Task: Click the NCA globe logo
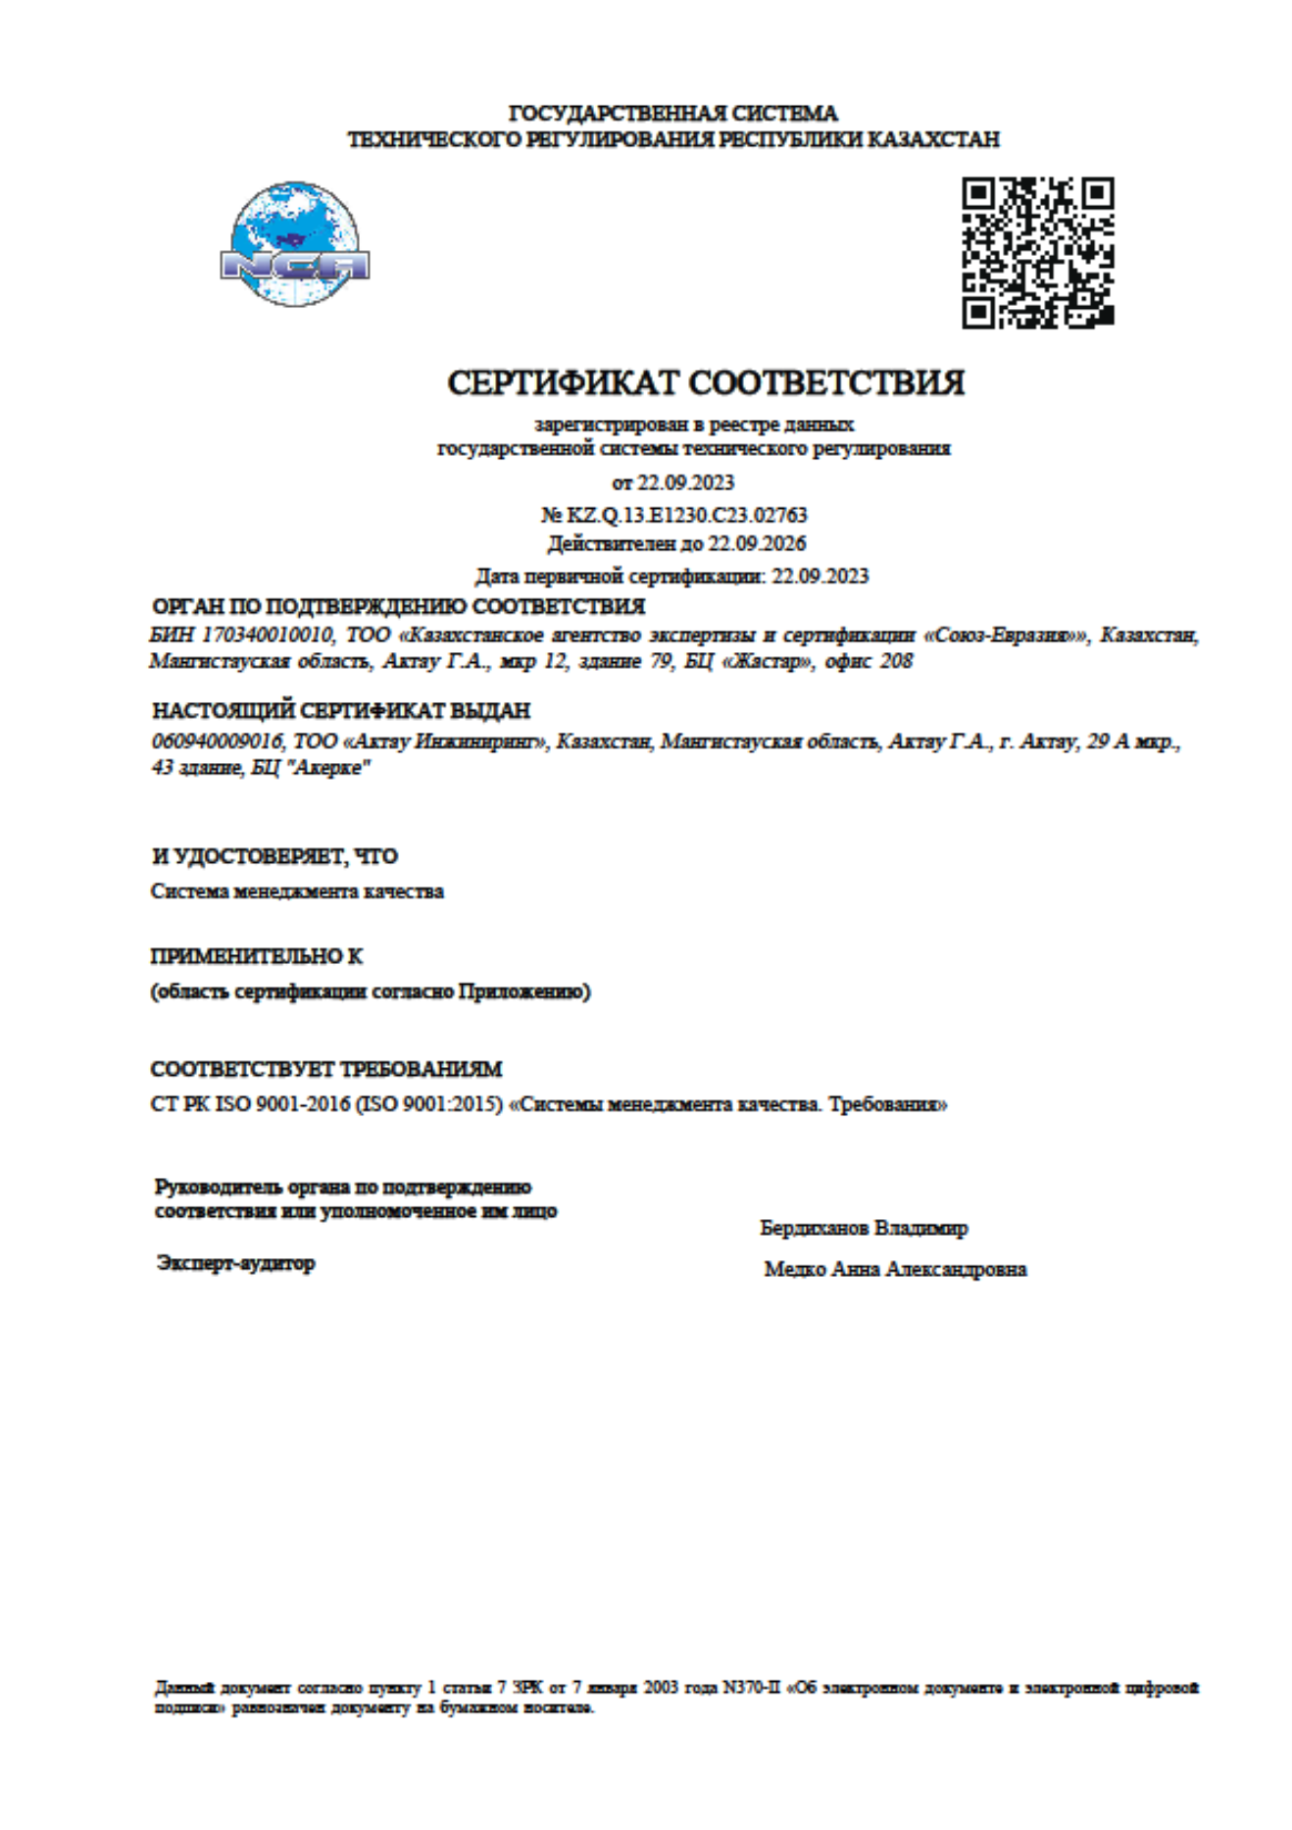click(x=294, y=244)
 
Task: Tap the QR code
click(x=1037, y=252)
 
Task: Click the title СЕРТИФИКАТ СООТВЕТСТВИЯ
click(x=706, y=382)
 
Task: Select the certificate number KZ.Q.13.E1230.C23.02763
click(x=686, y=515)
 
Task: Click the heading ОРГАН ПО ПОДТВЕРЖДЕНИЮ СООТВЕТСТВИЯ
click(x=398, y=606)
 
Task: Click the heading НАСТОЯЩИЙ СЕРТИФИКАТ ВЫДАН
click(x=341, y=710)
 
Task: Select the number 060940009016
click(x=217, y=741)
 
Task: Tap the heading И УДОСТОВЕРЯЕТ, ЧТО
click(x=274, y=856)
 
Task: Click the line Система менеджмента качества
click(x=297, y=891)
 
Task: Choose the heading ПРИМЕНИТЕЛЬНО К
click(x=257, y=956)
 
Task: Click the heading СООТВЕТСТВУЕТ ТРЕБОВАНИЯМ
click(x=326, y=1069)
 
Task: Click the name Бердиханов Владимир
click(x=864, y=1228)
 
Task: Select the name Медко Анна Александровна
click(x=895, y=1269)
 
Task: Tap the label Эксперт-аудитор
click(x=235, y=1263)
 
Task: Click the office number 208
click(x=896, y=662)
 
